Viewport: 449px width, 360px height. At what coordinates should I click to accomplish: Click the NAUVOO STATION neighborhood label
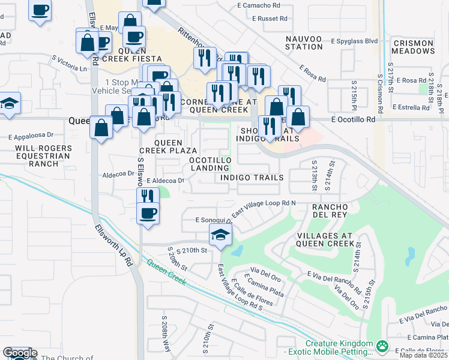click(x=287, y=41)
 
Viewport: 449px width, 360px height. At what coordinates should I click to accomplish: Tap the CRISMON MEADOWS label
click(x=413, y=47)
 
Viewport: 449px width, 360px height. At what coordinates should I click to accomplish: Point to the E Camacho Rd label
click(x=259, y=5)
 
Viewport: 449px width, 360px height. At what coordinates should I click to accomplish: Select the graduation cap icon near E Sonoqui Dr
click(x=220, y=235)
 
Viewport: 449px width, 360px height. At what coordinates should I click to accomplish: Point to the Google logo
click(x=20, y=353)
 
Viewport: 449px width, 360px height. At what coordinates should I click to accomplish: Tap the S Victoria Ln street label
click(x=69, y=64)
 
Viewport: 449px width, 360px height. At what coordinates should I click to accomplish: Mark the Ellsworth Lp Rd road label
click(x=113, y=245)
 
